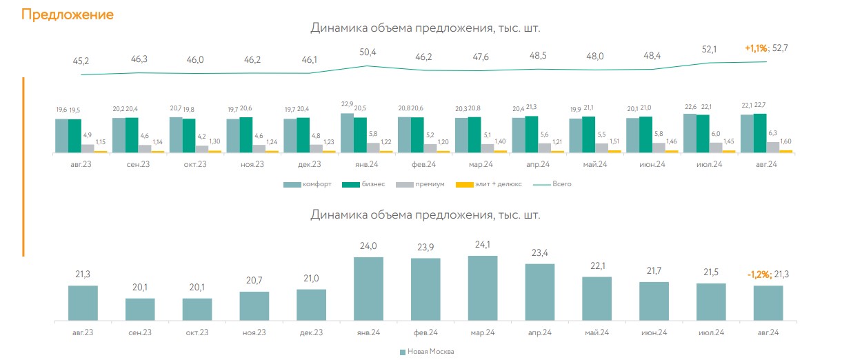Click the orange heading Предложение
pyautogui.click(x=68, y=14)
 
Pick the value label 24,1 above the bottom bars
pyautogui.click(x=483, y=244)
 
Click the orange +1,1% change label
pyautogui.click(x=756, y=48)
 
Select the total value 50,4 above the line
pyautogui.click(x=368, y=52)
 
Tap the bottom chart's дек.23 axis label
pyautogui.click(x=312, y=332)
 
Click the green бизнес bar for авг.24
pyautogui.click(x=760, y=133)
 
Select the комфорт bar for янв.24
pyautogui.click(x=347, y=132)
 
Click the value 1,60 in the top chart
pyautogui.click(x=786, y=140)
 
